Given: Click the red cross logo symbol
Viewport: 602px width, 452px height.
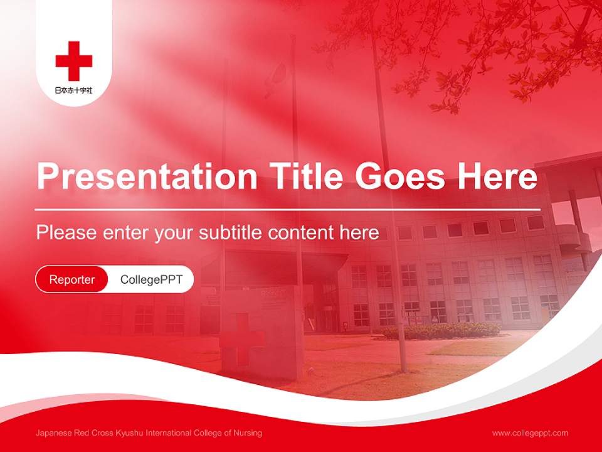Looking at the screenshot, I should [x=74, y=61].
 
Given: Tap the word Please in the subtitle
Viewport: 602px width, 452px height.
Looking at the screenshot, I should [x=66, y=232].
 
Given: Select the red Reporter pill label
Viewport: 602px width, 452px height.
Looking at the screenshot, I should [x=72, y=279].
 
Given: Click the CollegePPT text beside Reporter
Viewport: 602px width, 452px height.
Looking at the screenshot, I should [x=151, y=279].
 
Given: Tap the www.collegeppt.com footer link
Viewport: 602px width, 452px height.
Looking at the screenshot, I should [x=530, y=433].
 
